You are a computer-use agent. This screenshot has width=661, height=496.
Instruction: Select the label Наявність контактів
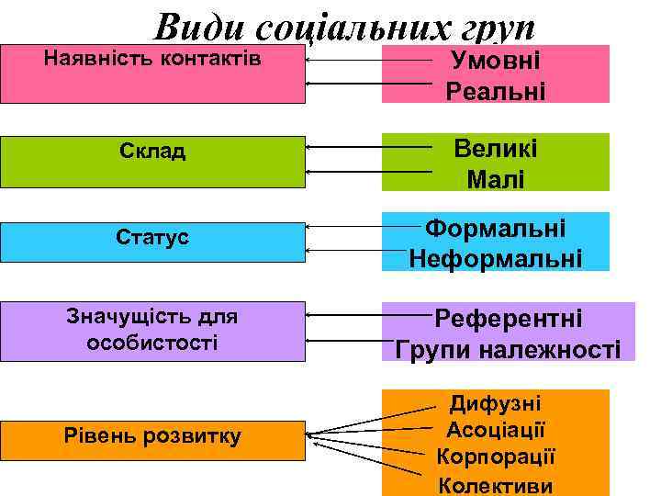152,59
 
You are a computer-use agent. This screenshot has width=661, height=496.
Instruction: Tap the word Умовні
496,62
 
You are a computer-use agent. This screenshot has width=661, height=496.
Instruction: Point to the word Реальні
496,91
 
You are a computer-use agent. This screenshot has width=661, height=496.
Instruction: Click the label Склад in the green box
152,151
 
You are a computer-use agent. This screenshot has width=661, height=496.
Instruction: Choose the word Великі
496,148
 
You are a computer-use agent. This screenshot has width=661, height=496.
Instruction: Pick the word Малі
496,178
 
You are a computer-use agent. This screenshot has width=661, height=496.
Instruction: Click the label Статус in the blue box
152,237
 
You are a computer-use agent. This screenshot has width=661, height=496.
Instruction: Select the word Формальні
496,228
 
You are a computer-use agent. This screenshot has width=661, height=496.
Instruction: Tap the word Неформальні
496,257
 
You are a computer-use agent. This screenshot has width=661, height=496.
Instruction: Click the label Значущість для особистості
152,329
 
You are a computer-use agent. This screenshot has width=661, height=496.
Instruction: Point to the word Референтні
508,319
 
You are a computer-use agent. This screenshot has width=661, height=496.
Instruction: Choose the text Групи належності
508,349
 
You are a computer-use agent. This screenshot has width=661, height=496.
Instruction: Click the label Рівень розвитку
152,435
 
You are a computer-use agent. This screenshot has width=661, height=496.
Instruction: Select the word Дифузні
496,403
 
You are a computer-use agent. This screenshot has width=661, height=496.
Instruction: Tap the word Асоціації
496,430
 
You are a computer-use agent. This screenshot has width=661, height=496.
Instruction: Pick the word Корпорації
496,457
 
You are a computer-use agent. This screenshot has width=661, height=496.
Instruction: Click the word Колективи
496,484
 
